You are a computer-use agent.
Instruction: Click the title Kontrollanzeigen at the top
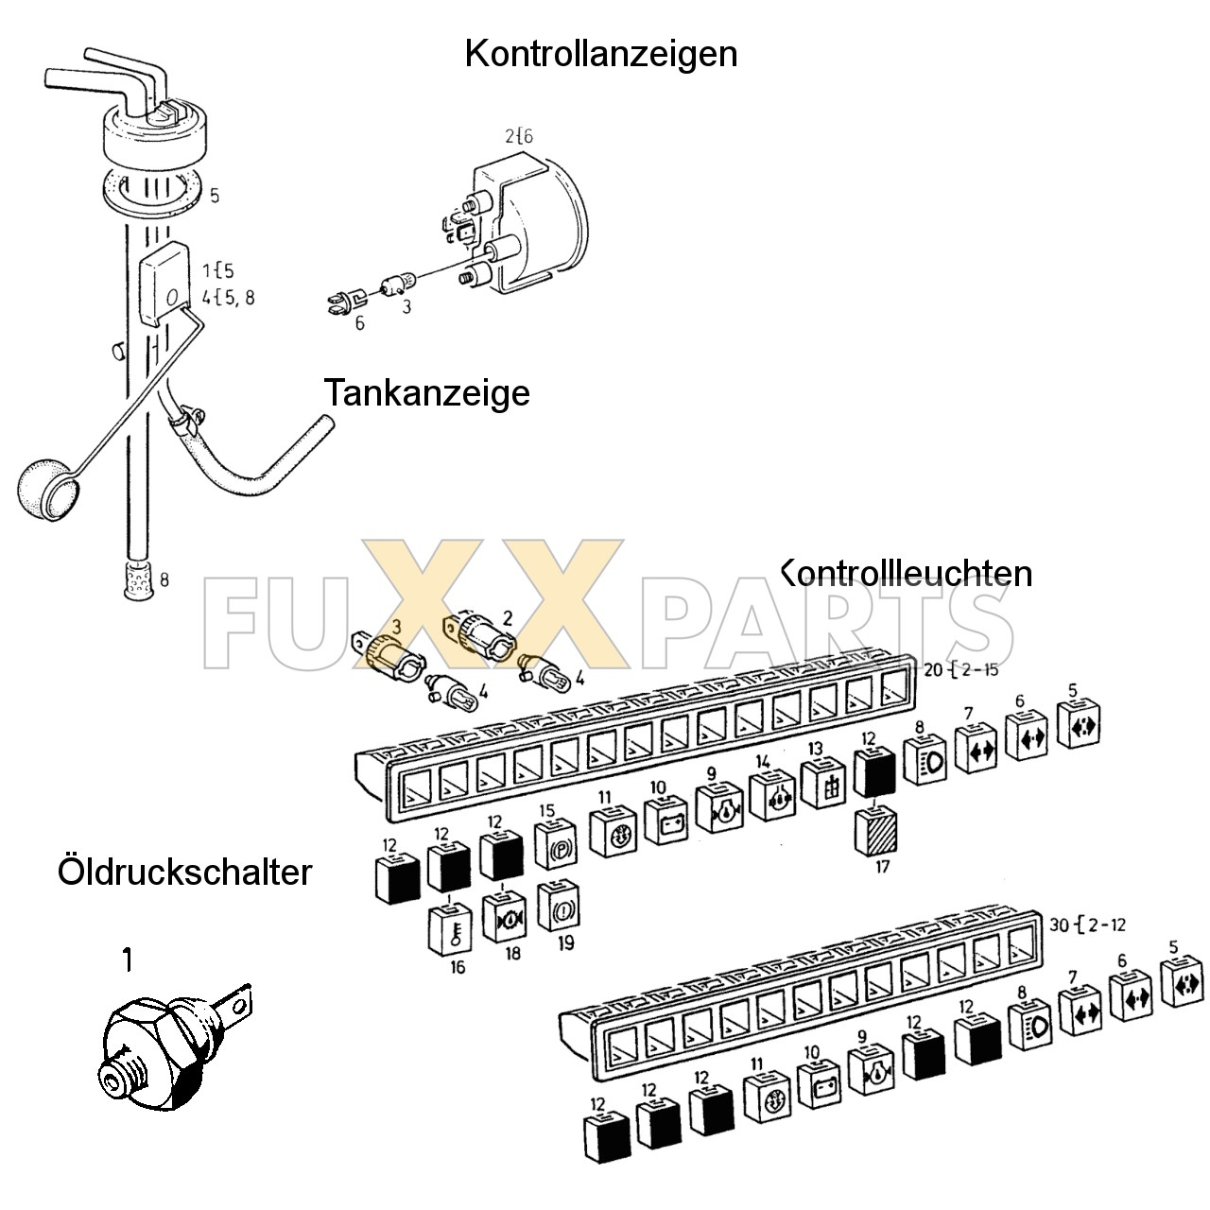[600, 54]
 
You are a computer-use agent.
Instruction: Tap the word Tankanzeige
[426, 392]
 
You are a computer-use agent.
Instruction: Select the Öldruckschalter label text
[184, 871]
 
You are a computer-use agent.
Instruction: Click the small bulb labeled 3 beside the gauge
[395, 283]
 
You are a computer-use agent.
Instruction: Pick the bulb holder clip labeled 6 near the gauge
[345, 302]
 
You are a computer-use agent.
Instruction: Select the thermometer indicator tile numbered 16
[451, 929]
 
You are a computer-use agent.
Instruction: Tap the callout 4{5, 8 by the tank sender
[227, 298]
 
